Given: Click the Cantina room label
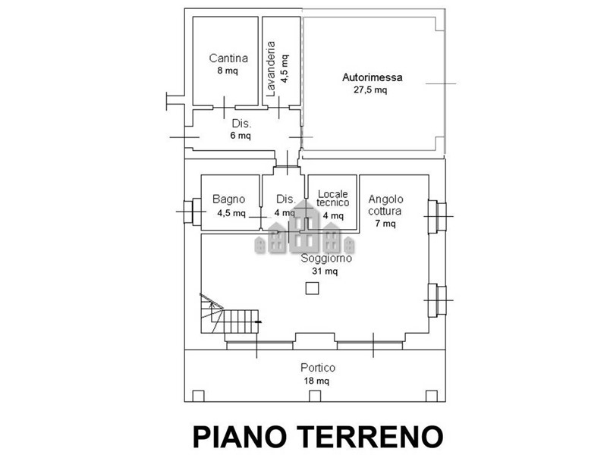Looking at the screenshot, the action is (x=228, y=58).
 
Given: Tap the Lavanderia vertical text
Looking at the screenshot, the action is (x=271, y=69).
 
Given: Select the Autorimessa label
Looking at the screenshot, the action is (x=372, y=77).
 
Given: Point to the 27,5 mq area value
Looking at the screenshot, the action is (x=370, y=90).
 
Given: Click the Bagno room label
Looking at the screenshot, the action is (x=229, y=199).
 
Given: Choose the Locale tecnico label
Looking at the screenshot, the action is (x=332, y=198).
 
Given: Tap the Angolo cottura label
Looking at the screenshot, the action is (x=385, y=205).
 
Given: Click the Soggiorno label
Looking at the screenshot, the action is (x=326, y=258).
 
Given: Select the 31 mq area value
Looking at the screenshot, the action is (x=325, y=271).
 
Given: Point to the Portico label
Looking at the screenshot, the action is (x=318, y=368).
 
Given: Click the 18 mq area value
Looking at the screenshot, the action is (x=316, y=381).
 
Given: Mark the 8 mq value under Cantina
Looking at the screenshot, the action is (x=228, y=71).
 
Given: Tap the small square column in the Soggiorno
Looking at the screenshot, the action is (x=312, y=289).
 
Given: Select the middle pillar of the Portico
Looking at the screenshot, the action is (x=315, y=396).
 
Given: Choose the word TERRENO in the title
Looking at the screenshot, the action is (x=372, y=437).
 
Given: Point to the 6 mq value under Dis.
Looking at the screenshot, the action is (x=241, y=136).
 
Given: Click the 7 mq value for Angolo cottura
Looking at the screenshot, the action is (x=385, y=224).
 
